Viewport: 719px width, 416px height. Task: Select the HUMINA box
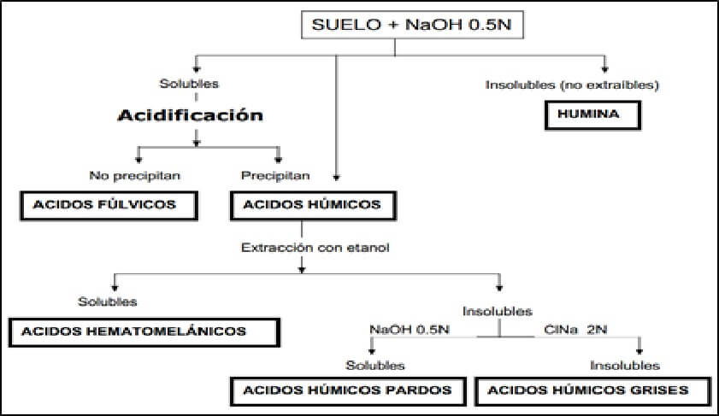[592, 114]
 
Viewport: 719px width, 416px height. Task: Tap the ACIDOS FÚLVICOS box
[109, 205]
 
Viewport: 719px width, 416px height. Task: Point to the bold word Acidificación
[191, 114]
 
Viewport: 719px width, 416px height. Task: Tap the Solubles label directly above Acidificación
[189, 84]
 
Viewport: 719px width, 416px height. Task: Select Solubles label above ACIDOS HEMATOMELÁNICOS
[108, 302]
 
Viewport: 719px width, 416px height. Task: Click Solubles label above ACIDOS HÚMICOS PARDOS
[375, 366]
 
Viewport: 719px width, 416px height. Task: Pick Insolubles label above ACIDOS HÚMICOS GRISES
[625, 366]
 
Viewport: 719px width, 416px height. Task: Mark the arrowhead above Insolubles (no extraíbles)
[605, 68]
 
